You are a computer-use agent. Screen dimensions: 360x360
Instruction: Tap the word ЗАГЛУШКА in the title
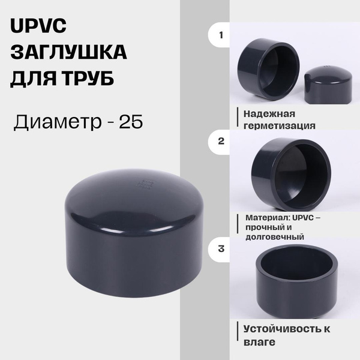(x=69, y=53)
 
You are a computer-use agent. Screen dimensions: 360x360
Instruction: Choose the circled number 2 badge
(x=221, y=142)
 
